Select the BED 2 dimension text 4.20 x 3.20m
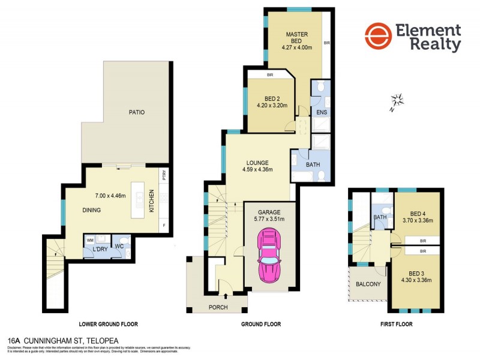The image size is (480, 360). (x=272, y=106)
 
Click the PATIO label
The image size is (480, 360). (x=136, y=112)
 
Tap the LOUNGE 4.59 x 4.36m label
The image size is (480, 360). (x=256, y=166)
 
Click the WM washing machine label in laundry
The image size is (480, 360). (x=91, y=239)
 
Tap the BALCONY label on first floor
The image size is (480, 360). (x=368, y=284)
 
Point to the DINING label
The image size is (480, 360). (x=92, y=210)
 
